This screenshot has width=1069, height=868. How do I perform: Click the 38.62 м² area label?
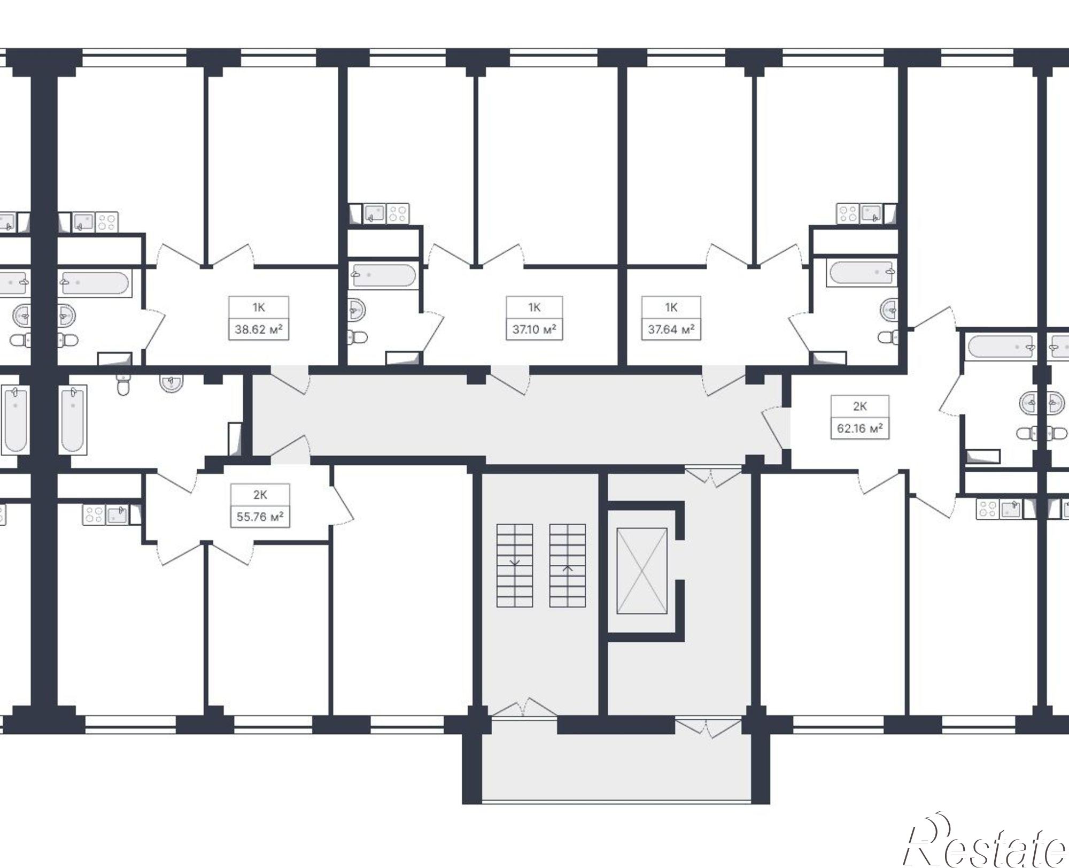pos(259,329)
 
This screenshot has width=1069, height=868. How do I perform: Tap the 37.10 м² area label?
pos(534,329)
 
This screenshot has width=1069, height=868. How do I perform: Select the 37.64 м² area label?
pos(671,329)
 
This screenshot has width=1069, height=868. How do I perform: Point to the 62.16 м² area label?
pos(859,428)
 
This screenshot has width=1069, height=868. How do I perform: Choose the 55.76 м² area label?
pos(260,517)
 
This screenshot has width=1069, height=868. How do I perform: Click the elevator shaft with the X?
pos(641,571)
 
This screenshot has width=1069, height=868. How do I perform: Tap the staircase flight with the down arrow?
pos(515,565)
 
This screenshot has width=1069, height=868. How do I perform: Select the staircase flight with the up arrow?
pos(568,565)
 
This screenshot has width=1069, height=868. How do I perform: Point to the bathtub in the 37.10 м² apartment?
pos(383,276)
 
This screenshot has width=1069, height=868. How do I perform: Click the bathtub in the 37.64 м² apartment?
pos(861,273)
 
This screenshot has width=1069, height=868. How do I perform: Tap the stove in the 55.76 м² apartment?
pos(94,515)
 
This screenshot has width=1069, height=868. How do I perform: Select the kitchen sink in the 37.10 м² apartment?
pos(374,213)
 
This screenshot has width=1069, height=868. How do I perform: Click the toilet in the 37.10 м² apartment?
pos(357,337)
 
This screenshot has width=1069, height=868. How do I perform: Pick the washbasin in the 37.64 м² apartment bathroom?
pos(888,309)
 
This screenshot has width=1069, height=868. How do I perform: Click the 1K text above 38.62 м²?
pos(259,308)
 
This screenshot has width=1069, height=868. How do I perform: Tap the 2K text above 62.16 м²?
pos(859,406)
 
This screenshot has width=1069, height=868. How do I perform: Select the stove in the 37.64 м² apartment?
pos(848,214)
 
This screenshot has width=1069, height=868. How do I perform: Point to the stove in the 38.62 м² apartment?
pos(107,222)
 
